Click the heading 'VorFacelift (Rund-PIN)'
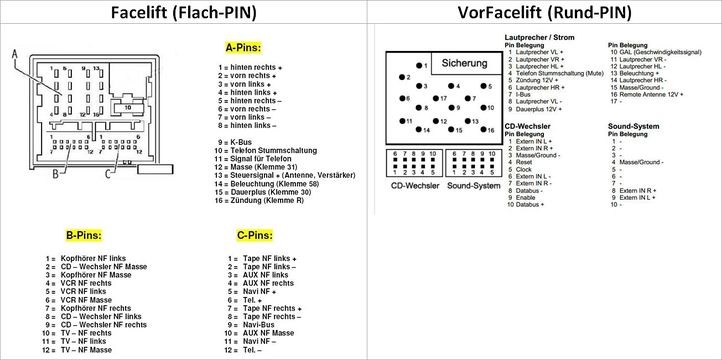pos(543,14)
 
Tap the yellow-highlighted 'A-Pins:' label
pos(243,47)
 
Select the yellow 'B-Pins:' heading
pos(84,236)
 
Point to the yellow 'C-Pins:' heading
pos(255,236)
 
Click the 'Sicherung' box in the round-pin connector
pos(464,64)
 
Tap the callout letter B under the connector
pos(56,176)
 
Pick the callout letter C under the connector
pos(107,176)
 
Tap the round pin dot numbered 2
pos(402,77)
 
